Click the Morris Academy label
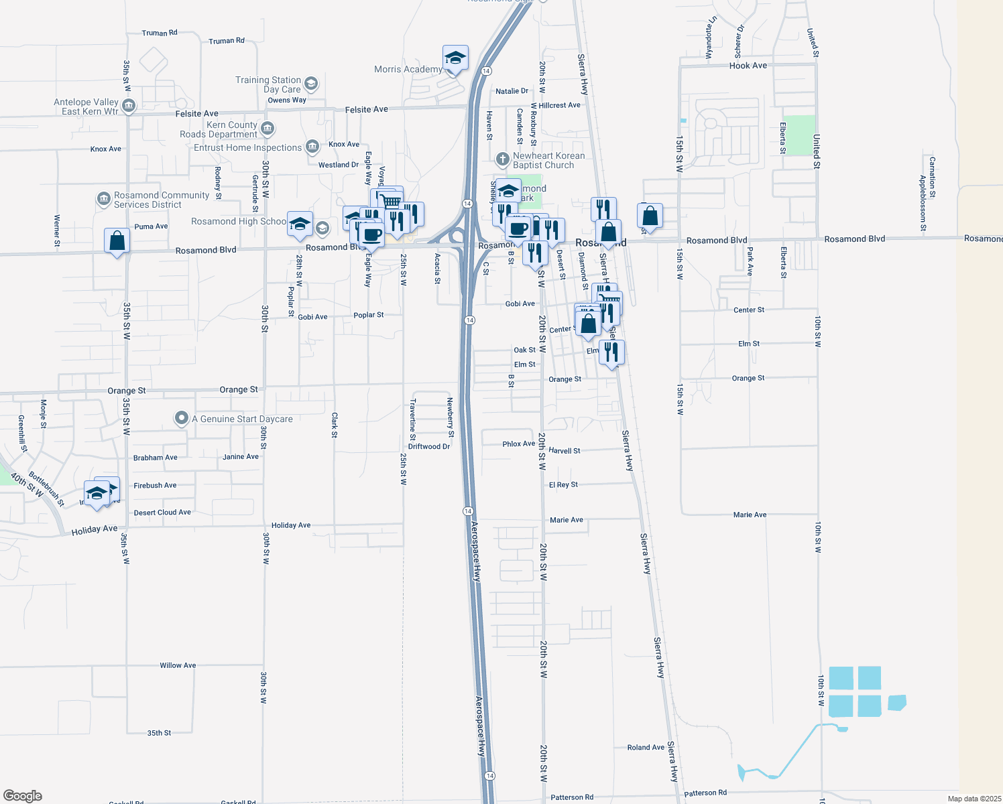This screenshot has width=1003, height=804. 408,69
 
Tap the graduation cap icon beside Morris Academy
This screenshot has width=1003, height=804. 455,59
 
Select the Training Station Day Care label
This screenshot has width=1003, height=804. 268,84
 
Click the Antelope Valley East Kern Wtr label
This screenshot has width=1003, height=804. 86,107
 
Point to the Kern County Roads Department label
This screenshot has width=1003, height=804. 219,129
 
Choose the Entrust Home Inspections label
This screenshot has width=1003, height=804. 247,147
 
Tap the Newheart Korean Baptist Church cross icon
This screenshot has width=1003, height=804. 502,159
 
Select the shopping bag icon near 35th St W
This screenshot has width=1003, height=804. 117,241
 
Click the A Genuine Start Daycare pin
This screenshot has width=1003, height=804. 181,419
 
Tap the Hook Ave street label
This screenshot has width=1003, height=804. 748,66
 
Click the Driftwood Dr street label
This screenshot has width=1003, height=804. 428,446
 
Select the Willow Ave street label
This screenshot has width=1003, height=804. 178,665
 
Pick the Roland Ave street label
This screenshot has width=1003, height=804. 646,747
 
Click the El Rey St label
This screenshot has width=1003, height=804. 563,484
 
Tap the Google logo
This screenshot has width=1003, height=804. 23,795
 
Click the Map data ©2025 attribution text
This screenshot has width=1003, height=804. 974,799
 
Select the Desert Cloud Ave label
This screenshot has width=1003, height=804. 162,513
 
